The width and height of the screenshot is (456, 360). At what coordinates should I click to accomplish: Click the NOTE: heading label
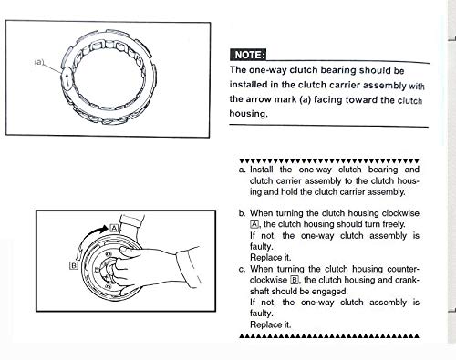pyautogui.click(x=248, y=55)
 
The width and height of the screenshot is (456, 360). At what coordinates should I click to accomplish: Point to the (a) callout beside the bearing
pyautogui.click(x=39, y=63)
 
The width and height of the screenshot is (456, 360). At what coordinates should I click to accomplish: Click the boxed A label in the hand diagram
pyautogui.click(x=116, y=225)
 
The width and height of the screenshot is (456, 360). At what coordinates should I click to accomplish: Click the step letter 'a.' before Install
pyautogui.click(x=242, y=170)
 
